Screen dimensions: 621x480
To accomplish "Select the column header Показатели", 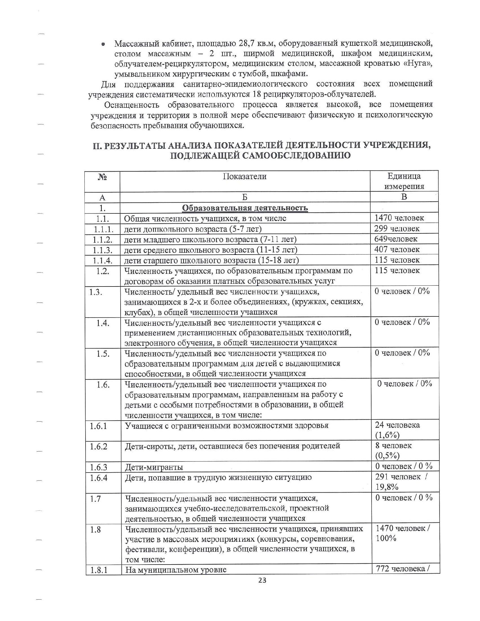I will (245, 176).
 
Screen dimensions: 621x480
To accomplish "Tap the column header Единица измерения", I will (404, 181).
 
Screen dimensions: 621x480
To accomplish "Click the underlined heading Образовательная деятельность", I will (245, 208).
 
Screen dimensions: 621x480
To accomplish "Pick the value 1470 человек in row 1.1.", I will (399, 218).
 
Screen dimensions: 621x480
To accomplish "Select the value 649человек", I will (396, 239).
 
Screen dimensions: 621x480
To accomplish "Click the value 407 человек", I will (397, 249).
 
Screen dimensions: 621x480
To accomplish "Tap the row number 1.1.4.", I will (102, 260).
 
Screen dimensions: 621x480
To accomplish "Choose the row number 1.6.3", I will (99, 467).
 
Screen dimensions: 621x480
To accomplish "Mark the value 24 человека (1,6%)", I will (397, 430).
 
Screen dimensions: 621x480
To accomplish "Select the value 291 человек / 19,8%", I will (401, 482).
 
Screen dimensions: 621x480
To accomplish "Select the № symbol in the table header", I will (102, 177).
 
